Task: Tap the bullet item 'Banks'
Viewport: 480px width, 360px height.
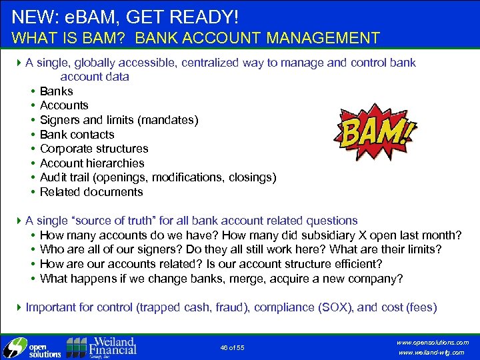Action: [x=57, y=91]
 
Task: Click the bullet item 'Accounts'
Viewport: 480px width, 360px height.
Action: [x=64, y=105]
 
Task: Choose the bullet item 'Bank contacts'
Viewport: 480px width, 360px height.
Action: [x=77, y=135]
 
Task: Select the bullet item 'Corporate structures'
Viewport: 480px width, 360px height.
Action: [x=94, y=149]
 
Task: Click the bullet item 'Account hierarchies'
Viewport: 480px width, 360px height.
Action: [x=92, y=163]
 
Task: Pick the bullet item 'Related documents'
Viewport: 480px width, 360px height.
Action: [x=91, y=192]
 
